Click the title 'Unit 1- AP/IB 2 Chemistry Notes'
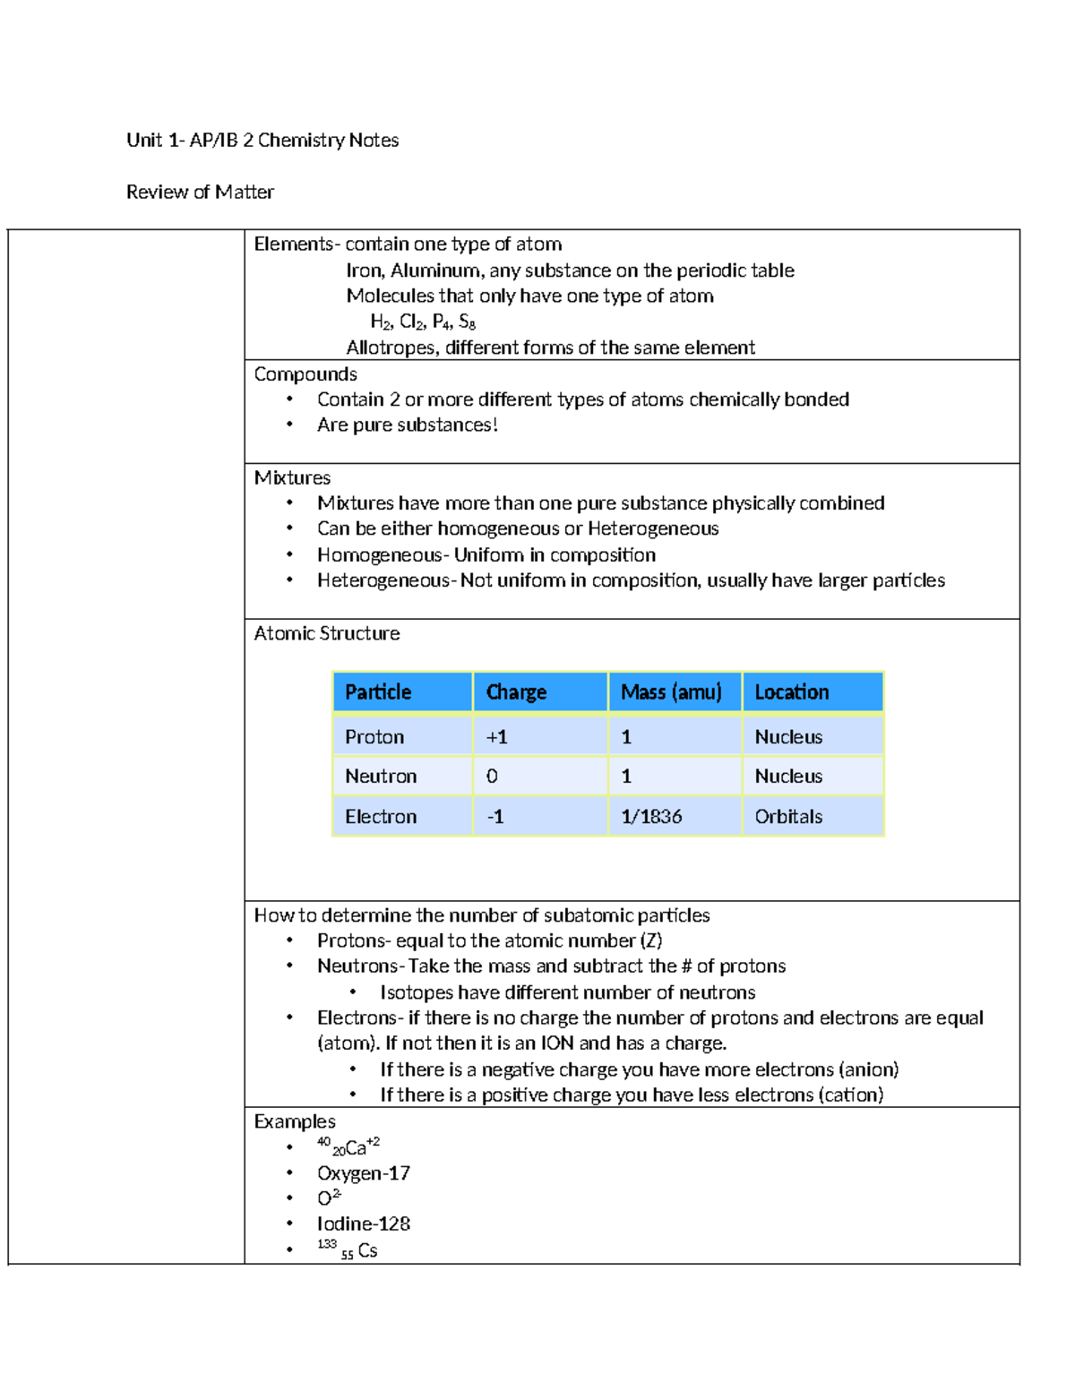pyautogui.click(x=262, y=140)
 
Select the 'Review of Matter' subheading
pyautogui.click(x=200, y=192)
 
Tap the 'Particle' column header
pyautogui.click(x=378, y=692)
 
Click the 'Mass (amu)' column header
pyautogui.click(x=671, y=692)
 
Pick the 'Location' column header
pyautogui.click(x=791, y=692)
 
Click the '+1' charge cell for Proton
pyautogui.click(x=496, y=737)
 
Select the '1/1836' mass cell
pyautogui.click(x=651, y=817)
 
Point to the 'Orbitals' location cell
pyautogui.click(x=788, y=817)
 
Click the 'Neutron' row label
pyautogui.click(x=381, y=777)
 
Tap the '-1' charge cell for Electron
pyautogui.click(x=495, y=817)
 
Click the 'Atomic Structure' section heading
pyautogui.click(x=327, y=633)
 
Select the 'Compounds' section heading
pyautogui.click(x=305, y=374)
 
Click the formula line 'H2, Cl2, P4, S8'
pyautogui.click(x=423, y=322)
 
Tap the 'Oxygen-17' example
pyautogui.click(x=363, y=1173)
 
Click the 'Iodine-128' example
pyautogui.click(x=363, y=1224)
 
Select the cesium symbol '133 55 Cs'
pyautogui.click(x=348, y=1250)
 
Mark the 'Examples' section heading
pyautogui.click(x=295, y=1121)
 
